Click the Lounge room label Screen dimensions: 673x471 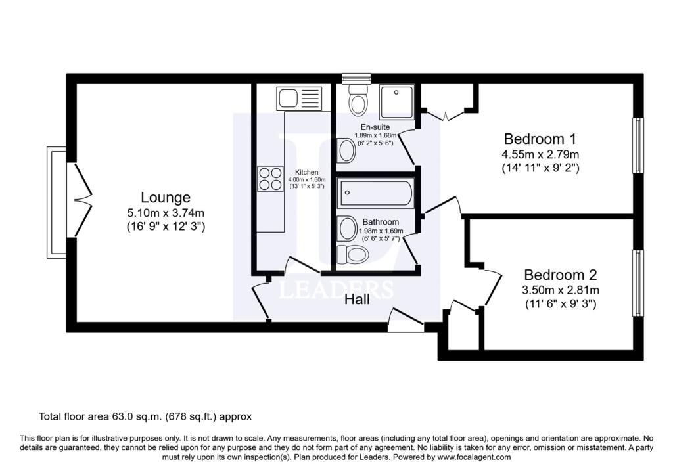[165, 197]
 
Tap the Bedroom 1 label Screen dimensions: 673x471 [540, 139]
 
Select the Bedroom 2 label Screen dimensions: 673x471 [560, 275]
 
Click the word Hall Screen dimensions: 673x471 [357, 300]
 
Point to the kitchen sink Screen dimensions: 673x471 [299, 99]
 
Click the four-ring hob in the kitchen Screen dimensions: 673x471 [270, 179]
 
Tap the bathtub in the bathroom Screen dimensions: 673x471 [375, 193]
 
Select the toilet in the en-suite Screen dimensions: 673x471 [358, 99]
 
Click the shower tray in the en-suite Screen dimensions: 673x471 [397, 101]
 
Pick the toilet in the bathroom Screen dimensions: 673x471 [353, 255]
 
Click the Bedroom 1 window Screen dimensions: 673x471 [638, 145]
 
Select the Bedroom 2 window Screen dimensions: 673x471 [638, 284]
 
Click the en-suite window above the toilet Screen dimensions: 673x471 [356, 78]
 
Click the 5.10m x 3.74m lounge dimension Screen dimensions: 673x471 [166, 213]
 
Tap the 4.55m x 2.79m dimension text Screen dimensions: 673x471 [540, 154]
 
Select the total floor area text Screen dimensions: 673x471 [145, 416]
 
